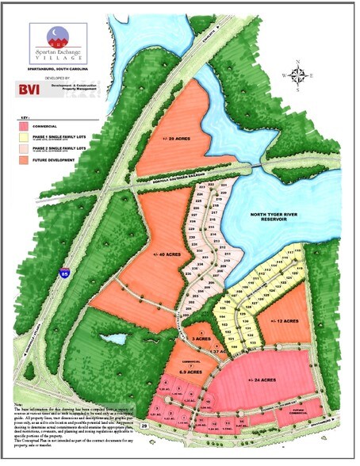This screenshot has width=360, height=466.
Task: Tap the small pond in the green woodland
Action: coord(117,339)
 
